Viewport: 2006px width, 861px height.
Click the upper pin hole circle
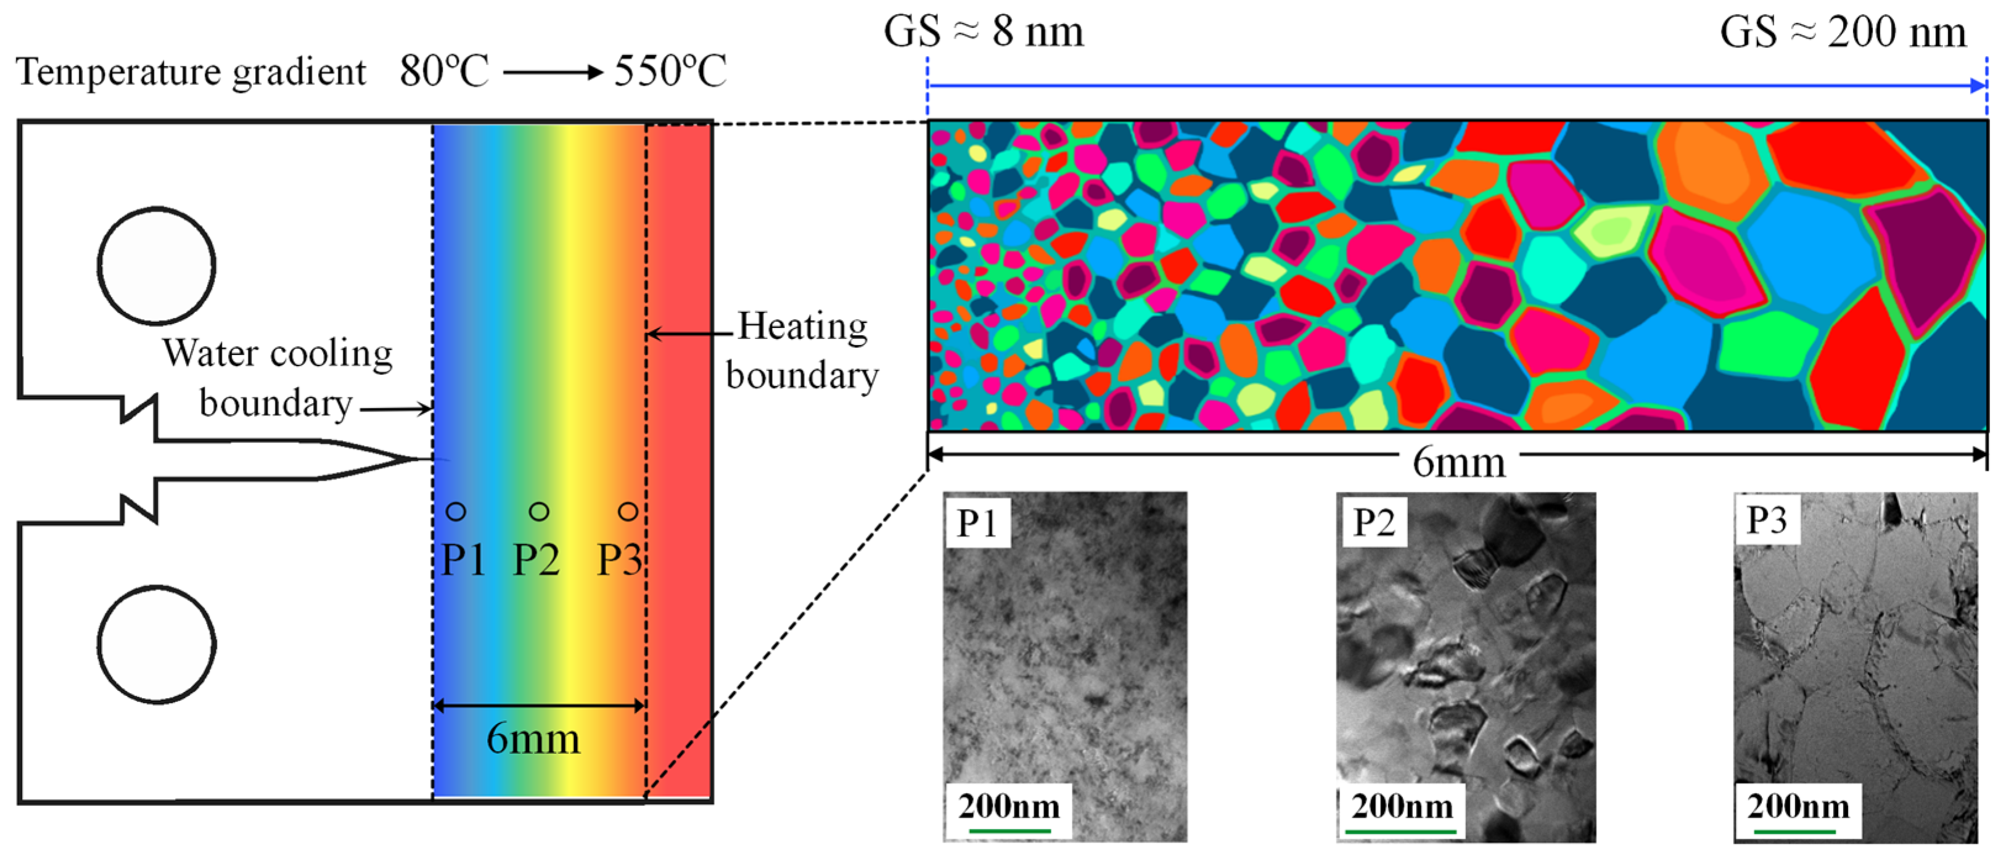157,266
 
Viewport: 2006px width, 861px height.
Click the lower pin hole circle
157,645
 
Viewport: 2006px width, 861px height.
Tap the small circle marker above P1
456,512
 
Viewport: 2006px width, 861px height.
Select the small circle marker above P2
539,512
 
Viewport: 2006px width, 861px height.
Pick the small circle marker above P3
628,512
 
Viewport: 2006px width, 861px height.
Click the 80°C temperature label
444,71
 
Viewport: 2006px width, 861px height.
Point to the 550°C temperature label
670,71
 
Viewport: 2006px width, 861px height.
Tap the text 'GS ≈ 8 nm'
983,33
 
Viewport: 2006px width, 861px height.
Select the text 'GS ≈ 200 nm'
1843,33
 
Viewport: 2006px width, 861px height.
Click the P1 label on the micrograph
977,523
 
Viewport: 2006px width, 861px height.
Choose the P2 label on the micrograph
1373,523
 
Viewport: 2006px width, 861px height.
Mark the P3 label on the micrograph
1766,520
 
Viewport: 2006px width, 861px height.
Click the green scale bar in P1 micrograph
1009,831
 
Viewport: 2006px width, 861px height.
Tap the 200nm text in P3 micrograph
1798,807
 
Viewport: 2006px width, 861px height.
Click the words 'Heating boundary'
802,350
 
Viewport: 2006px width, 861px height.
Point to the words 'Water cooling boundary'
276,378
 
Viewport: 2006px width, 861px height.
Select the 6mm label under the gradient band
533,738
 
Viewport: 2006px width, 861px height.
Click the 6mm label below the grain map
1458,462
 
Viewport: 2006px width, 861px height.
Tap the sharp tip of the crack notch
424,459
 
